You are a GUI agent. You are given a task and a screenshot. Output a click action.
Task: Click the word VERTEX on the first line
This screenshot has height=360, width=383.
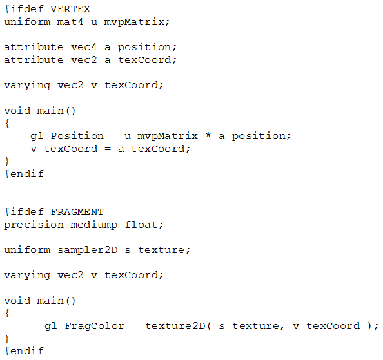pos(70,9)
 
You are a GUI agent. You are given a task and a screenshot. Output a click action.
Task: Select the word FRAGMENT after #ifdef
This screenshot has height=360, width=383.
pos(77,212)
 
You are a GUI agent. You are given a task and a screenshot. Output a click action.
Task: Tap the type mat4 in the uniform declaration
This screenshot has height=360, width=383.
pos(70,22)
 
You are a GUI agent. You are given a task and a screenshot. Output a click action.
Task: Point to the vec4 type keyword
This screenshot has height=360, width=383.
pos(84,47)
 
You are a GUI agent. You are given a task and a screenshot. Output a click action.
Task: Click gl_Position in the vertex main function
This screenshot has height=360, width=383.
pos(67,137)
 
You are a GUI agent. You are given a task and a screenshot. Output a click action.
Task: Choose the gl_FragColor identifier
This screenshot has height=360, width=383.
pos(84,327)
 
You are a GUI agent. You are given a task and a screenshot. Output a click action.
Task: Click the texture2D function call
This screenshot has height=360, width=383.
pos(175,326)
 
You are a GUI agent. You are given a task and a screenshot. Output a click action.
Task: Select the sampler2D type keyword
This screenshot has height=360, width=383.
pos(88,251)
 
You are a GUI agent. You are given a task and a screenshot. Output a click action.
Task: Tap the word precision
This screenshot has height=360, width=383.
pos(34,225)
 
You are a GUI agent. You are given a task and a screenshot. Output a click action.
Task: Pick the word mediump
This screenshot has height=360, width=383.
pos(93,225)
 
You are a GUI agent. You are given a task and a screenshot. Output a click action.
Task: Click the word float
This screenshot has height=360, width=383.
pos(142,224)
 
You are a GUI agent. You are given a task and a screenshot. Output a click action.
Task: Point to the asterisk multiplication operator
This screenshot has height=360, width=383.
pos(208,135)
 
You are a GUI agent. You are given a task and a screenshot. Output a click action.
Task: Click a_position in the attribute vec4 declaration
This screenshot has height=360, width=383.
pos(138,47)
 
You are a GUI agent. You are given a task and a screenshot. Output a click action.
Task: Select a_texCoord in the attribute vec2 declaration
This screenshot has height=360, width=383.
pos(138,61)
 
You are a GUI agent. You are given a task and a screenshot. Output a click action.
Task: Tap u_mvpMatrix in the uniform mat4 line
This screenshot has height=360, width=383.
pos(128,23)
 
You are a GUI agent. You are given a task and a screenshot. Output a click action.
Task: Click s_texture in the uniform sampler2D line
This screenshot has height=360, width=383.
pos(155,251)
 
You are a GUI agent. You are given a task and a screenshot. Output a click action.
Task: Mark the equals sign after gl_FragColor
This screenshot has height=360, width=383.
pos(135,326)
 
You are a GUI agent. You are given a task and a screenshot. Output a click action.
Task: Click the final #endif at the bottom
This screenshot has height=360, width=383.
pos(24,351)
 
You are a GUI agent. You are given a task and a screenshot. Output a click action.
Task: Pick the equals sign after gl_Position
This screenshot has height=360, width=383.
pos(114,136)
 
